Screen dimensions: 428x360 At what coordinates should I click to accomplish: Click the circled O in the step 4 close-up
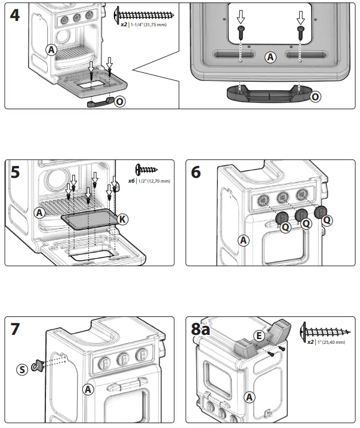pos(316,96)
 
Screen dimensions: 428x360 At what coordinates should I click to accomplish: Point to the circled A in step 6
pos(243,241)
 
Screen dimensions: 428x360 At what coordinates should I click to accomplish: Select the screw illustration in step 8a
pos(328,330)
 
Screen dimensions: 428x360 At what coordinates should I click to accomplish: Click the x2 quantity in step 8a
pos(310,342)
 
